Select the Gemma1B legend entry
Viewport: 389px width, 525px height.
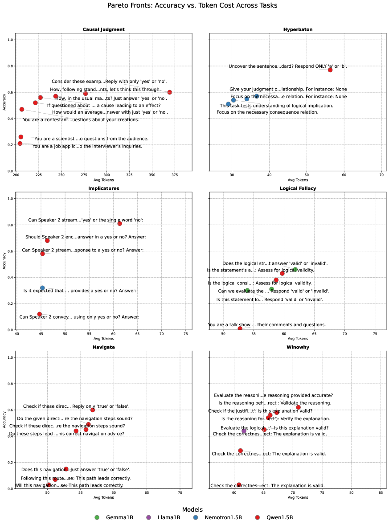pos(114,517)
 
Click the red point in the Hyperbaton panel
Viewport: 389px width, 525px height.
pos(330,70)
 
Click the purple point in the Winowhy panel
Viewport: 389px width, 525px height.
pos(244,431)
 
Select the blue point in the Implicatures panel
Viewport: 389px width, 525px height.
pos(42,288)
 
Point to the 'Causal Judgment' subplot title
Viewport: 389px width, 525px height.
pos(103,29)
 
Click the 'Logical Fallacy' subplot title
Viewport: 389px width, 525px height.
pos(298,189)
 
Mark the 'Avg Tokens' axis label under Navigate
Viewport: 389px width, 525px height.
pos(103,497)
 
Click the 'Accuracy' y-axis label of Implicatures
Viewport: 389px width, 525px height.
pos(4,261)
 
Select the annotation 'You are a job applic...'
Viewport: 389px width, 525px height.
pos(87,146)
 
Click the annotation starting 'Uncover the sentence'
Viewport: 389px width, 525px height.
pos(287,66)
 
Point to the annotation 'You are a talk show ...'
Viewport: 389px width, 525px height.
pos(266,325)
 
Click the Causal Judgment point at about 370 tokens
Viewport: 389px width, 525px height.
pos(169,92)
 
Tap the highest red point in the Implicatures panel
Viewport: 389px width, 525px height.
pos(119,223)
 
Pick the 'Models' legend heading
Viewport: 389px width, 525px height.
pos(192,509)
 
